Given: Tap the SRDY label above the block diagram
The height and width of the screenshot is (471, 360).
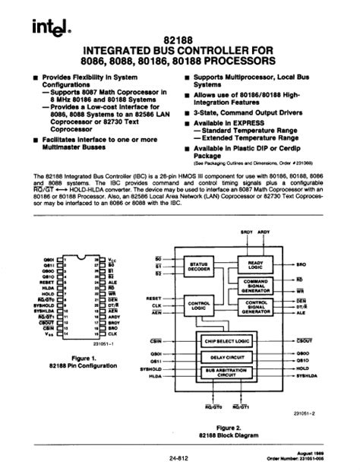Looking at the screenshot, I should pyautogui.click(x=245, y=231).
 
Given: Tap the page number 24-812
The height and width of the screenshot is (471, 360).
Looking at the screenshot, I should pyautogui.click(x=179, y=457).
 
